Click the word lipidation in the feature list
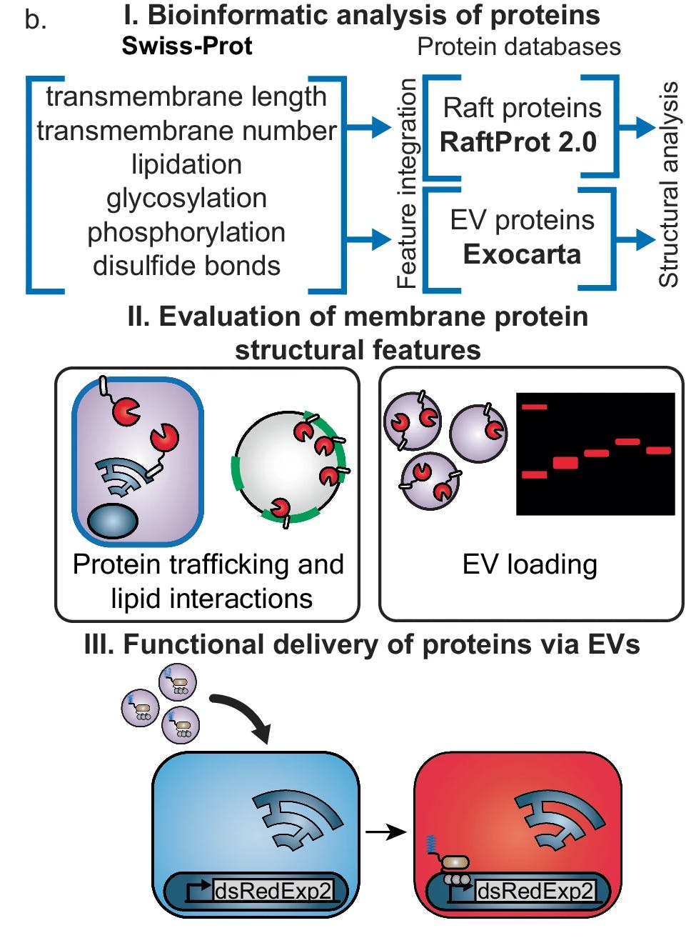tap(186, 164)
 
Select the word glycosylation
tap(186, 198)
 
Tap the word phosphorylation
tap(186, 232)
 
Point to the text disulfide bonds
tap(186, 266)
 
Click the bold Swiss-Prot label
tap(187, 46)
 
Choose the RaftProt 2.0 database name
tap(518, 142)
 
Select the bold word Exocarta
tap(522, 254)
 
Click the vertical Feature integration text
tap(407, 184)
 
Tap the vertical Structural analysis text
tap(669, 184)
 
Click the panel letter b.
tap(35, 20)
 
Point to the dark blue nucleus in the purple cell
tap(112, 520)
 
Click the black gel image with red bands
tap(595, 454)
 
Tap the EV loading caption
tap(530, 564)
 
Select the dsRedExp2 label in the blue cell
tap(273, 890)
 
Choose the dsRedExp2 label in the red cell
tap(535, 890)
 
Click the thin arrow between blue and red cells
tap(385, 832)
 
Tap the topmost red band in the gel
tap(534, 407)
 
